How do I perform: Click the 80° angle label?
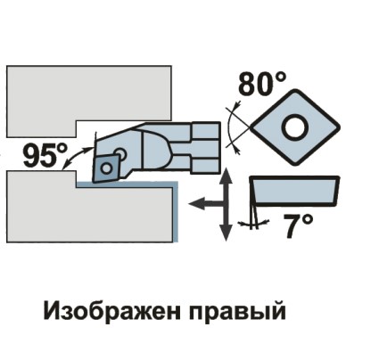pos(262,83)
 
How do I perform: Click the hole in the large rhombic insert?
pos(295,127)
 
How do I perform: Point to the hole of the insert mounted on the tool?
pos(105,168)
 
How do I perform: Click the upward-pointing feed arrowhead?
pos(227,176)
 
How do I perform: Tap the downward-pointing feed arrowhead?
pos(227,232)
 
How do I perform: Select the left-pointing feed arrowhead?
pos(197,203)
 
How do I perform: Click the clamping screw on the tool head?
pos(120,153)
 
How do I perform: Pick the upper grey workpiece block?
pos(89,101)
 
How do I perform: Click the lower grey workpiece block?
pos(89,208)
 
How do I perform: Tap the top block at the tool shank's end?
pos(206,129)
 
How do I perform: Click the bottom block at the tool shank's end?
pos(206,167)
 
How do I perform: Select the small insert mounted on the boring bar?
pos(104,168)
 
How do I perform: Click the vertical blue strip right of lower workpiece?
pos(176,212)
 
